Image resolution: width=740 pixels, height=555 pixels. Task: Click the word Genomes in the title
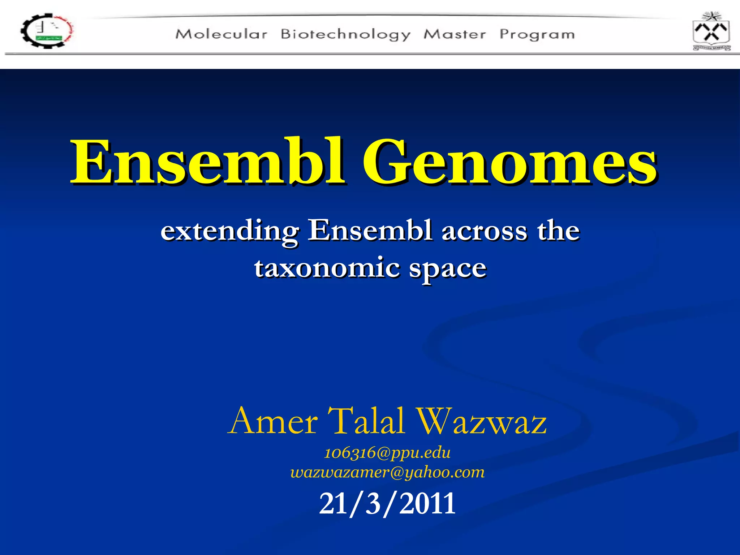509,162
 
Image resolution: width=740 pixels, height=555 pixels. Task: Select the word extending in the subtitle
229,231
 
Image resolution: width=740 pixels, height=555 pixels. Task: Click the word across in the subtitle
484,231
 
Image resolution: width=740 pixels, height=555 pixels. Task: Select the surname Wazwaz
480,421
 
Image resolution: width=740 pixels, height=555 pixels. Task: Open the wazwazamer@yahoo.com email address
387,472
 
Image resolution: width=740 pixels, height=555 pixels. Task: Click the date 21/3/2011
387,503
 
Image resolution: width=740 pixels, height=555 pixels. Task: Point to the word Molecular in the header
221,34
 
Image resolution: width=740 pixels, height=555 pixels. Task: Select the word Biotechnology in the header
345,35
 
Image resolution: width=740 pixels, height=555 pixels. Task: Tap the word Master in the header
455,34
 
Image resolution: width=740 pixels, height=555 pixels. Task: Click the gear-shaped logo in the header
47,31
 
